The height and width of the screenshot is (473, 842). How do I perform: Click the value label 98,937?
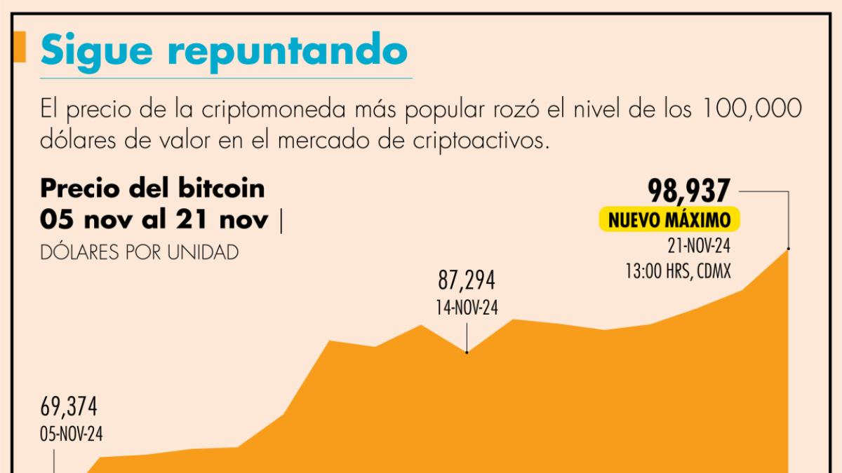(690, 191)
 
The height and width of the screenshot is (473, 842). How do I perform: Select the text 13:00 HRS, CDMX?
(679, 270)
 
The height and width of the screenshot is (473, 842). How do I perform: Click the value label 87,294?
(467, 281)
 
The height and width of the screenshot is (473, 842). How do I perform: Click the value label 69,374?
(69, 406)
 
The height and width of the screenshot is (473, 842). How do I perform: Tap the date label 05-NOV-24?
(70, 434)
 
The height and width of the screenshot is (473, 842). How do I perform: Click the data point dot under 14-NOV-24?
(467, 352)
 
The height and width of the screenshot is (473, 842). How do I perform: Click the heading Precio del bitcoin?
(152, 188)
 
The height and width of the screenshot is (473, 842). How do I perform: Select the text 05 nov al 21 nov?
(154, 219)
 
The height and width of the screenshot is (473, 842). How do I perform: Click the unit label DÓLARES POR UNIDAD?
(139, 252)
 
